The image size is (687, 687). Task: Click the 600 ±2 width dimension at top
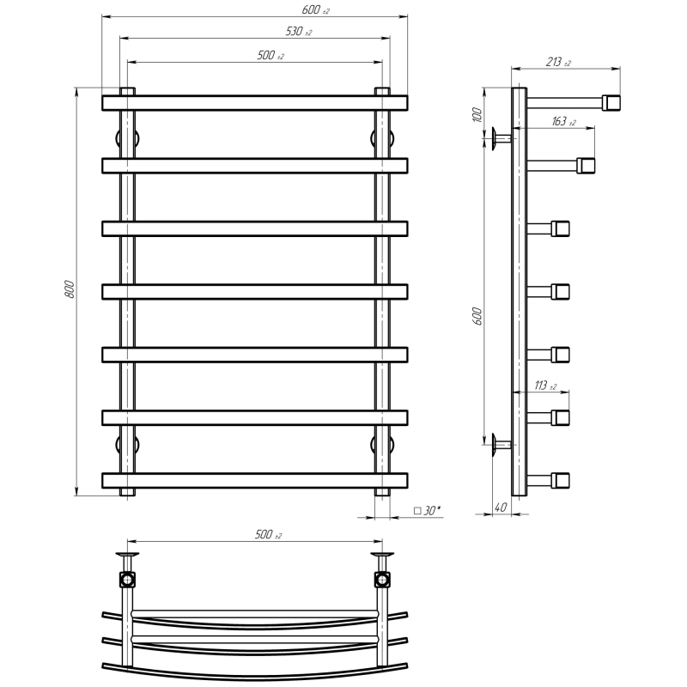pyautogui.click(x=315, y=9)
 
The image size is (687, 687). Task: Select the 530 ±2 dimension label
pyautogui.click(x=299, y=32)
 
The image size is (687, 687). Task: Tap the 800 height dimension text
pyautogui.click(x=70, y=289)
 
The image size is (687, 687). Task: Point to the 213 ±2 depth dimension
pyautogui.click(x=558, y=62)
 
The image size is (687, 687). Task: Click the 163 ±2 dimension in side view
pyautogui.click(x=563, y=121)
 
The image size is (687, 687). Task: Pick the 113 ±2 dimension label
pyautogui.click(x=545, y=386)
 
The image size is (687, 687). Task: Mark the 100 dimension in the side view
pyautogui.click(x=477, y=114)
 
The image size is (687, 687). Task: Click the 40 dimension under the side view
pyautogui.click(x=501, y=507)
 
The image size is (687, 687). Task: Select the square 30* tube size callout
pyautogui.click(x=427, y=510)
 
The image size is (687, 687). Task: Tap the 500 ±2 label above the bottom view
pyautogui.click(x=268, y=534)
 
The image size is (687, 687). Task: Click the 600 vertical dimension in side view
pyautogui.click(x=477, y=316)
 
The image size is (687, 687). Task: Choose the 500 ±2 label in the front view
pyautogui.click(x=271, y=56)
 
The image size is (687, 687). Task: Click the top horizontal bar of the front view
pyautogui.click(x=254, y=103)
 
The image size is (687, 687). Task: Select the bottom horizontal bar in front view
pyautogui.click(x=254, y=481)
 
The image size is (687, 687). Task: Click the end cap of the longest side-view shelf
pyautogui.click(x=611, y=103)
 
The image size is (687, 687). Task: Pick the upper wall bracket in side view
pyautogui.click(x=502, y=139)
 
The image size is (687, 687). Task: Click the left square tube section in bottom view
pyautogui.click(x=127, y=580)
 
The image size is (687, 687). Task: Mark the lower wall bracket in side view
pyautogui.click(x=502, y=445)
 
